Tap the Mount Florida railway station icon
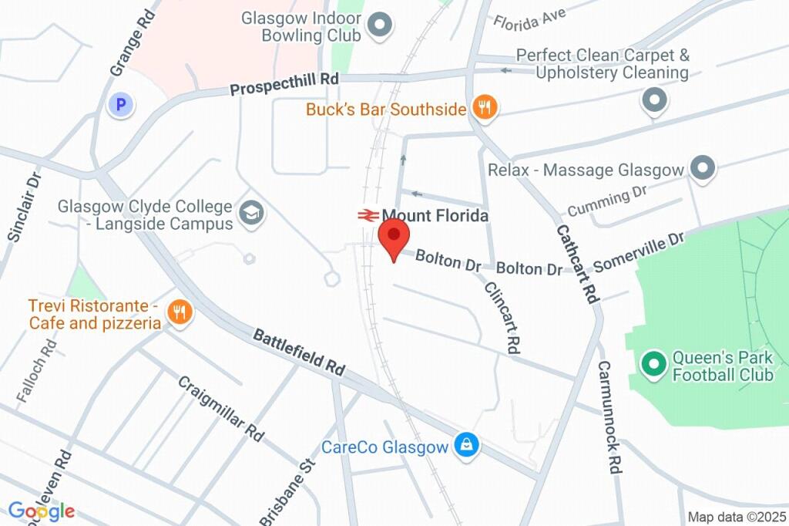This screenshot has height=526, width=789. (x=367, y=216)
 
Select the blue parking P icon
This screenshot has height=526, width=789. (x=121, y=104)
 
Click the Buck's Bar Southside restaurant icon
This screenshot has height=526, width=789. (x=484, y=109)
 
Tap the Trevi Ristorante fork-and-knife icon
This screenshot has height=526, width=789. (x=180, y=312)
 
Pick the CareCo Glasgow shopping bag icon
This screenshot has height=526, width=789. (x=465, y=446)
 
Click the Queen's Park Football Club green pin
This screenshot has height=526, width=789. (x=654, y=362)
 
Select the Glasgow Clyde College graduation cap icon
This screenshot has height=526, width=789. (x=250, y=214)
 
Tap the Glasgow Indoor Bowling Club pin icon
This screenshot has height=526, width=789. (x=378, y=26)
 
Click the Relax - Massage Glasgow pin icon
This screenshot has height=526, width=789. (x=702, y=169)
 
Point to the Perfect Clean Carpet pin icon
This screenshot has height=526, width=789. (x=654, y=99)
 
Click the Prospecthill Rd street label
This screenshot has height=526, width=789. (x=284, y=85)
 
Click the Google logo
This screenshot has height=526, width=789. (x=42, y=511)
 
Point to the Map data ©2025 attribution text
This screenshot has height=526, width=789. (x=737, y=517)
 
